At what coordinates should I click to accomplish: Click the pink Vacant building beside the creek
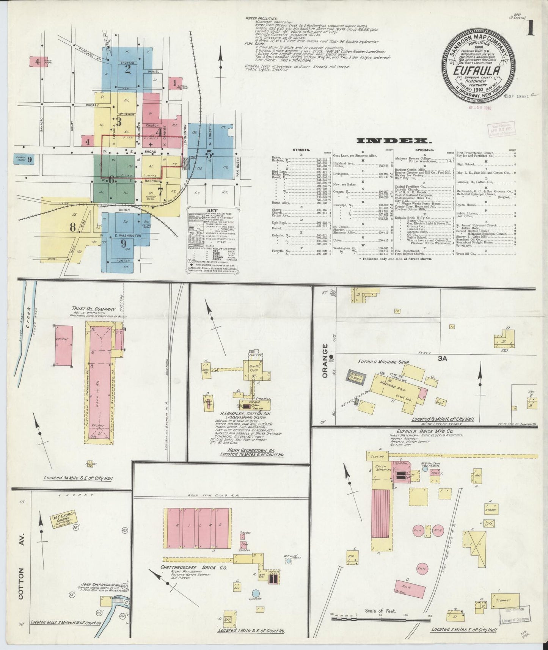tap(64, 345)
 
